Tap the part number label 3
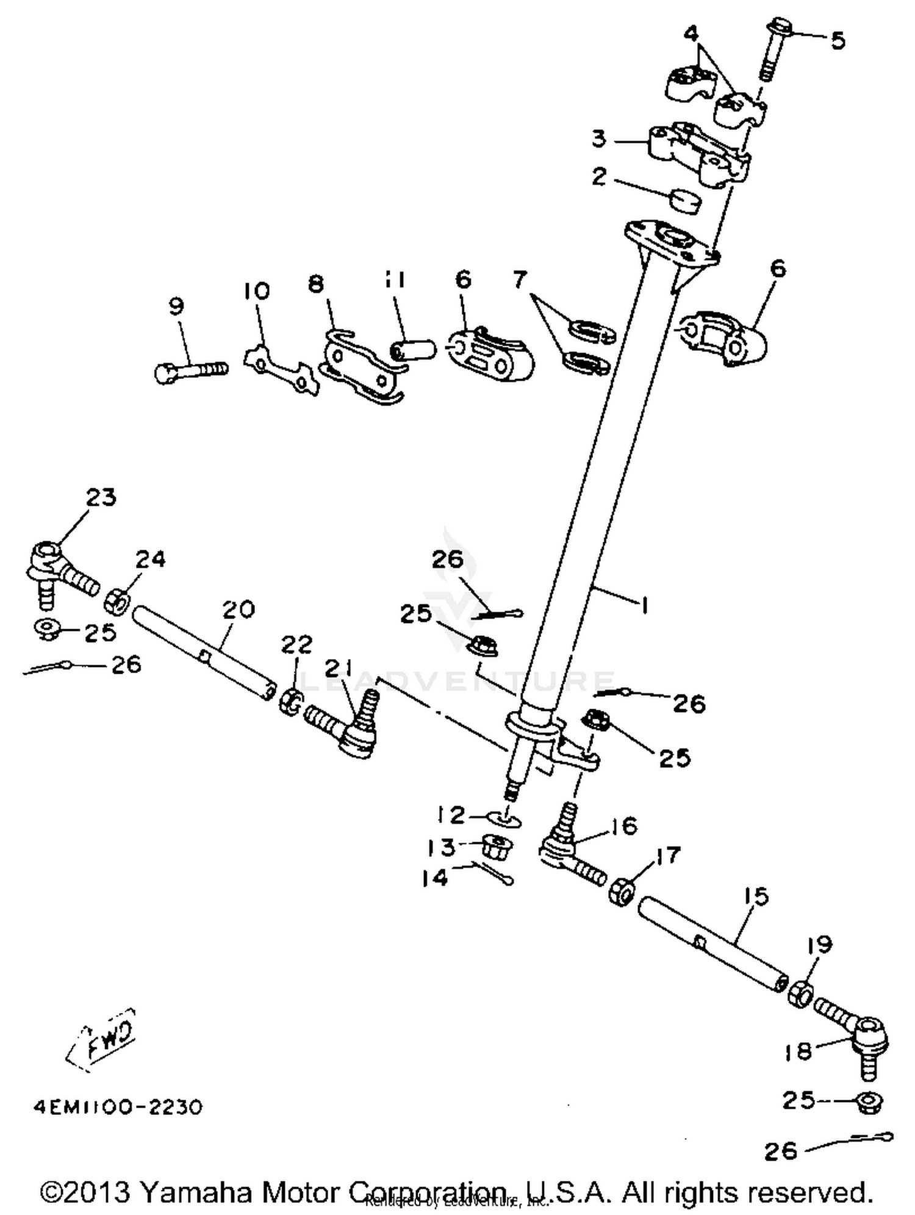click(599, 139)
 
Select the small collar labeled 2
click(685, 202)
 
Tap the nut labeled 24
click(118, 602)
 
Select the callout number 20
click(238, 609)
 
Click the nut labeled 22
click(290, 701)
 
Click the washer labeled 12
click(504, 818)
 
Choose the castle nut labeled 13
click(497, 847)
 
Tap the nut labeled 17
click(622, 892)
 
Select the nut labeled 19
click(800, 995)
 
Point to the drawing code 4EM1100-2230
click(118, 1106)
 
